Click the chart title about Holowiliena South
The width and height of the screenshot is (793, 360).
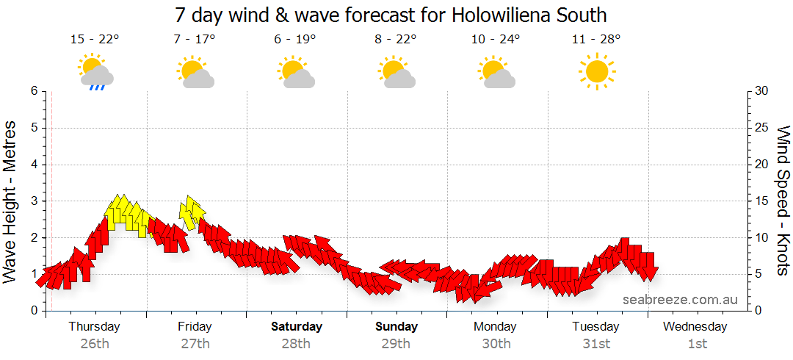pyautogui.click(x=391, y=15)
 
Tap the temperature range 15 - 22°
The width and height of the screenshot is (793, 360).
pyautogui.click(x=95, y=40)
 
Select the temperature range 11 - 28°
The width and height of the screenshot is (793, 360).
pyautogui.click(x=596, y=40)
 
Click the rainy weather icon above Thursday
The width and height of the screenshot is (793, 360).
pyautogui.click(x=95, y=72)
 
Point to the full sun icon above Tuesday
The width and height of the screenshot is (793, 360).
pyautogui.click(x=596, y=71)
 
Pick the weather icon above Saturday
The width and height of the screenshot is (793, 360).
pyautogui.click(x=296, y=72)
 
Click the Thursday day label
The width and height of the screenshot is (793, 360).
pyautogui.click(x=95, y=326)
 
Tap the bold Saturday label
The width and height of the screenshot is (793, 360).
pyautogui.click(x=296, y=326)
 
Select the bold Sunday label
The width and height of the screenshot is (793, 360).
pyautogui.click(x=396, y=326)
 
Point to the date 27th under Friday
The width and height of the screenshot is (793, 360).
pyautogui.click(x=195, y=343)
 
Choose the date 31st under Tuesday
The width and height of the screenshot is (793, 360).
pyautogui.click(x=596, y=343)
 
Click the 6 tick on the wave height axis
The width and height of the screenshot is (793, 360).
pyautogui.click(x=33, y=91)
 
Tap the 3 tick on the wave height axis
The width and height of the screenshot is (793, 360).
pyautogui.click(x=33, y=201)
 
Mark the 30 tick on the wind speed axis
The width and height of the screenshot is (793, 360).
pyautogui.click(x=762, y=91)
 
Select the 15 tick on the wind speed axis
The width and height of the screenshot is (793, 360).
pyautogui.click(x=762, y=201)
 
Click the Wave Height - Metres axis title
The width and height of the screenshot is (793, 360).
pyautogui.click(x=11, y=200)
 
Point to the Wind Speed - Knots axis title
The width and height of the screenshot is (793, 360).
pyautogui.click(x=783, y=200)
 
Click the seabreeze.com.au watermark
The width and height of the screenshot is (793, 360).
pyautogui.click(x=680, y=300)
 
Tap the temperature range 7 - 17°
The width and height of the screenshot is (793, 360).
pyautogui.click(x=195, y=40)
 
